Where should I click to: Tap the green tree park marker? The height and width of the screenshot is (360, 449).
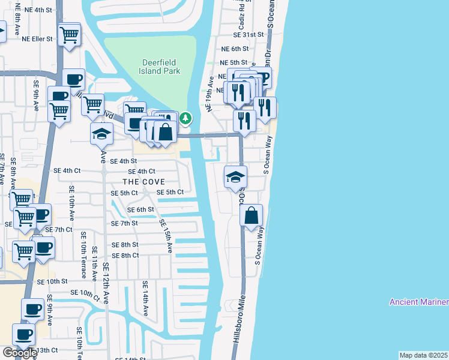[186, 118]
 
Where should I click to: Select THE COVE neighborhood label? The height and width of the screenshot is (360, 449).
[143, 181]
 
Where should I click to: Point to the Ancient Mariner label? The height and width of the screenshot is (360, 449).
[418, 302]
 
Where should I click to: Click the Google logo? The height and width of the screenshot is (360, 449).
[19, 353]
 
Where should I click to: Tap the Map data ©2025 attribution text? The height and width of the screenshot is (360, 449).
[424, 355]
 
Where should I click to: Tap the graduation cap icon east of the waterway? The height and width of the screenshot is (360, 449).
[235, 177]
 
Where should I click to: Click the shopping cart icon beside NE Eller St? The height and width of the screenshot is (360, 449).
[70, 34]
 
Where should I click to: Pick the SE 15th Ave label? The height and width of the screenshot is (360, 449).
[166, 235]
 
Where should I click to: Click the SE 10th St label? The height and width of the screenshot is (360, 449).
[52, 281]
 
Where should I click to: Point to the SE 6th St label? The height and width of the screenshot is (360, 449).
[140, 209]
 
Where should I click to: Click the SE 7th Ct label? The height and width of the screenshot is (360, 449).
[59, 230]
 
